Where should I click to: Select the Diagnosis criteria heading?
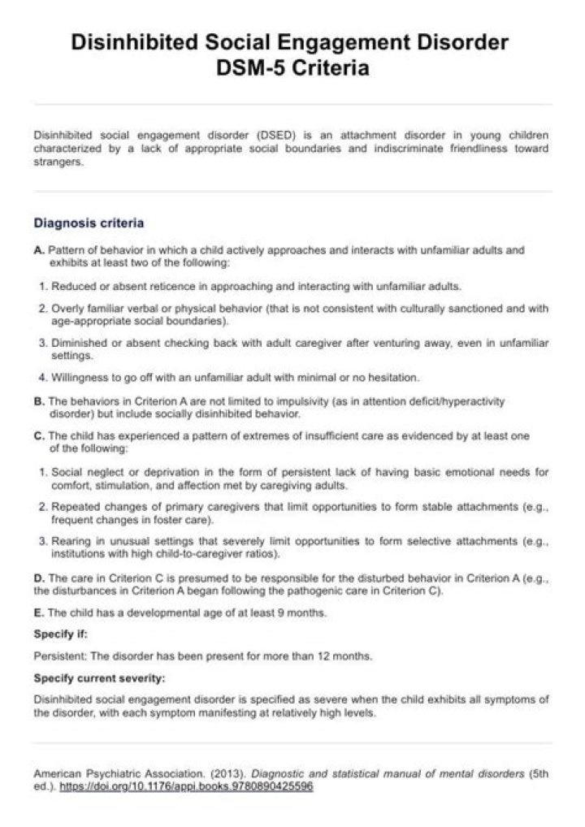click(89, 222)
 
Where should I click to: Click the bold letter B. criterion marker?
click(39, 401)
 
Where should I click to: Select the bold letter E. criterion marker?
click(39, 613)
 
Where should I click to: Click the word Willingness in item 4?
click(78, 379)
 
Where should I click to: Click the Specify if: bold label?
click(61, 634)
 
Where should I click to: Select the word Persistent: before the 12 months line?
click(60, 656)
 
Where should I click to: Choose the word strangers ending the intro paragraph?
click(58, 161)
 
